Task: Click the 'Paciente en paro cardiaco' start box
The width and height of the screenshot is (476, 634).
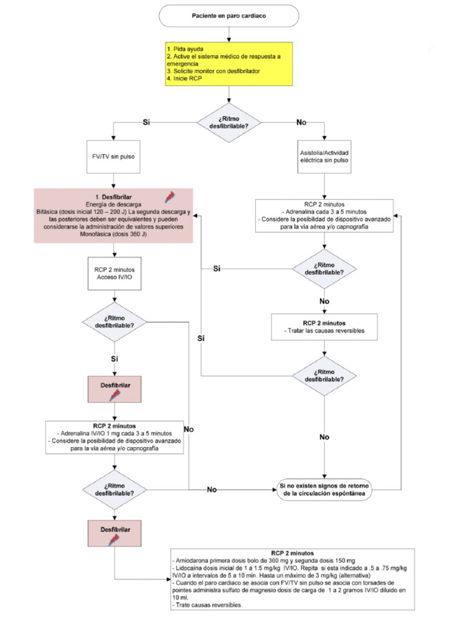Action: (229, 16)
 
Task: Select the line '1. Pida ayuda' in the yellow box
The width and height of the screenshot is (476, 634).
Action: (185, 48)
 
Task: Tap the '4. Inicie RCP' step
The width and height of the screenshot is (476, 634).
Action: (186, 79)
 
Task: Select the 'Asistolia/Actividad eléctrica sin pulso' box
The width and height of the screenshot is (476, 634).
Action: (324, 157)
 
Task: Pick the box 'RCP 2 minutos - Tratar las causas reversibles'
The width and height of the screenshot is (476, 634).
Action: (324, 327)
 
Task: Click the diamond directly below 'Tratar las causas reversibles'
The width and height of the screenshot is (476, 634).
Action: (324, 374)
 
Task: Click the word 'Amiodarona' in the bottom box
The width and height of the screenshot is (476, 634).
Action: (194, 559)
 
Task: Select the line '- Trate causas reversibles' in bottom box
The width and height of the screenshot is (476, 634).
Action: (205, 605)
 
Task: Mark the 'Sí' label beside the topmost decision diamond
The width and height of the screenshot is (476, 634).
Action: (147, 122)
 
